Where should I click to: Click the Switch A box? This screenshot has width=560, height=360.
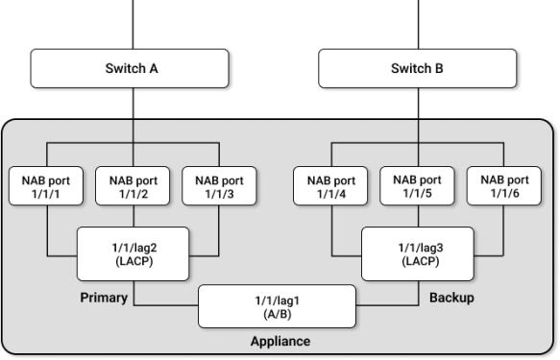133,68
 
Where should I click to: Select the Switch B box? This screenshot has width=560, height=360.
418,68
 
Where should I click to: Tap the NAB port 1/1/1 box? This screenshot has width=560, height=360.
48,186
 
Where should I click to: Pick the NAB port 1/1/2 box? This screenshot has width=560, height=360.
133,186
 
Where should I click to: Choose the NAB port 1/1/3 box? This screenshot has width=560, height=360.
219,186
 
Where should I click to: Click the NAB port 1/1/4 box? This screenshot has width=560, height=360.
331,186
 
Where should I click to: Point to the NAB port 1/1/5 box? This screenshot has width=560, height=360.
418,186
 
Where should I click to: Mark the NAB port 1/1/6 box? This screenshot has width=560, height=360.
504,186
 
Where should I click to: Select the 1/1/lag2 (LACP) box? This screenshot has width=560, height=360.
133,254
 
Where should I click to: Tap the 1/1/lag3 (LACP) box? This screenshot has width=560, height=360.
418,254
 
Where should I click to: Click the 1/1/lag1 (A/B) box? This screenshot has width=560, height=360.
277,306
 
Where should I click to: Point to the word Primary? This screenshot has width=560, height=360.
103,298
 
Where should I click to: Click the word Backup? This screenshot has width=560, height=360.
451,298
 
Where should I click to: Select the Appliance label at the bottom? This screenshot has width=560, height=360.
280,340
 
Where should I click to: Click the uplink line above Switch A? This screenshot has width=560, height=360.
133,23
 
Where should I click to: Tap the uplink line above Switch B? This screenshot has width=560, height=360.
418,23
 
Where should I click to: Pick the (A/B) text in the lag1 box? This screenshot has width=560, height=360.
277,314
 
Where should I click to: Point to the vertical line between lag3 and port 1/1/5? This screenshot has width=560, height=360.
418,216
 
